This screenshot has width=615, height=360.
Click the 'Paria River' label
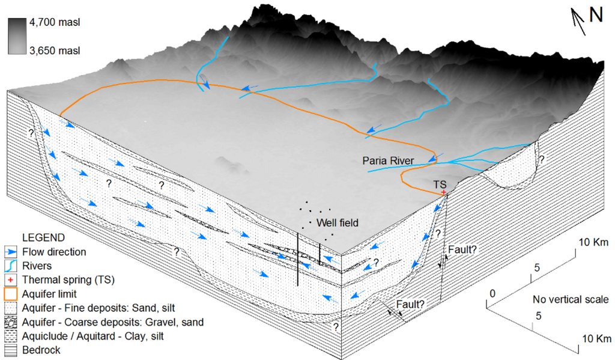(388, 160)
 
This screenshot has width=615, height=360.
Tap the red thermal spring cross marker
(443, 192)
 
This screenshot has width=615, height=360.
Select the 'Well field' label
(338, 223)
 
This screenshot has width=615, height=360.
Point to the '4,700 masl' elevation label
(55, 23)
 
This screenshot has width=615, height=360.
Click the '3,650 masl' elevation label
(55, 50)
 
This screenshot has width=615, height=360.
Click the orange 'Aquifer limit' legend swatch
(12, 294)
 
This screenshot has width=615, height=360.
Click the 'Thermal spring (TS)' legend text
(67, 279)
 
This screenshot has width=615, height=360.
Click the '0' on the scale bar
(493, 294)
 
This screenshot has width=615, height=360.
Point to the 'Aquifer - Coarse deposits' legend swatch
(12, 322)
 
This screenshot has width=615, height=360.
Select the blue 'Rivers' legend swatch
(12, 266)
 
